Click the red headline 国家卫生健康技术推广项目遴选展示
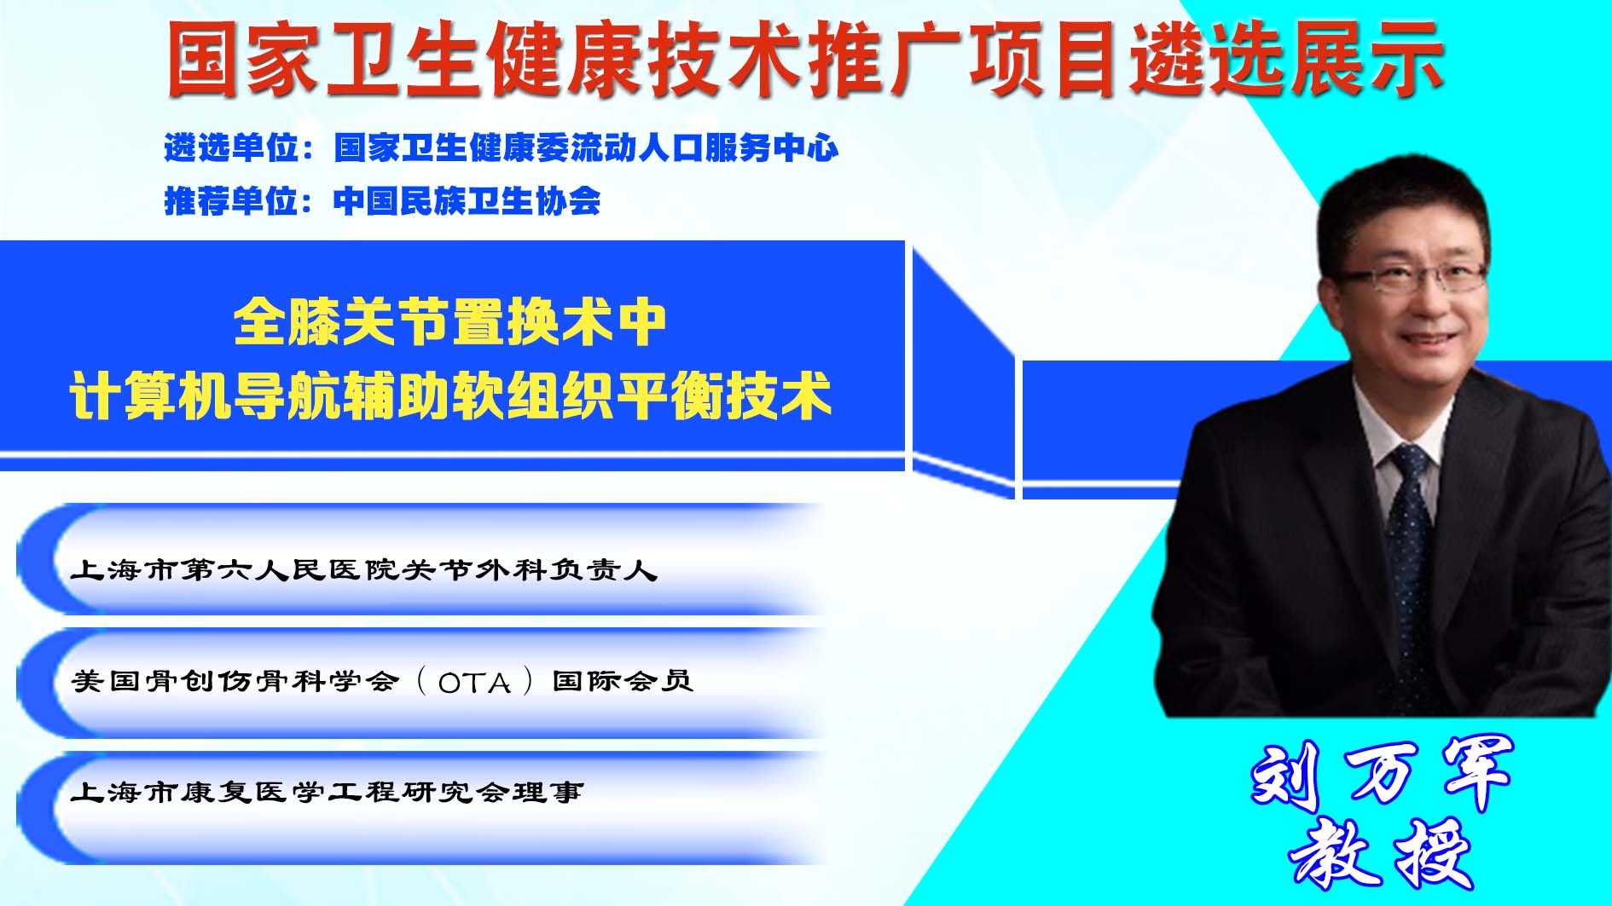click(805, 58)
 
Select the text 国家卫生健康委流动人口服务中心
click(586, 148)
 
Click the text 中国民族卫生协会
click(467, 201)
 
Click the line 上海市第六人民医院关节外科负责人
click(364, 569)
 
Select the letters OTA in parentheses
click(474, 683)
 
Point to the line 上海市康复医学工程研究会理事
click(328, 792)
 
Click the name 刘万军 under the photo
click(1382, 773)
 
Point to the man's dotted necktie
click(1412, 563)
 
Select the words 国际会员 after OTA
click(623, 681)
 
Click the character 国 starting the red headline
click(203, 59)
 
